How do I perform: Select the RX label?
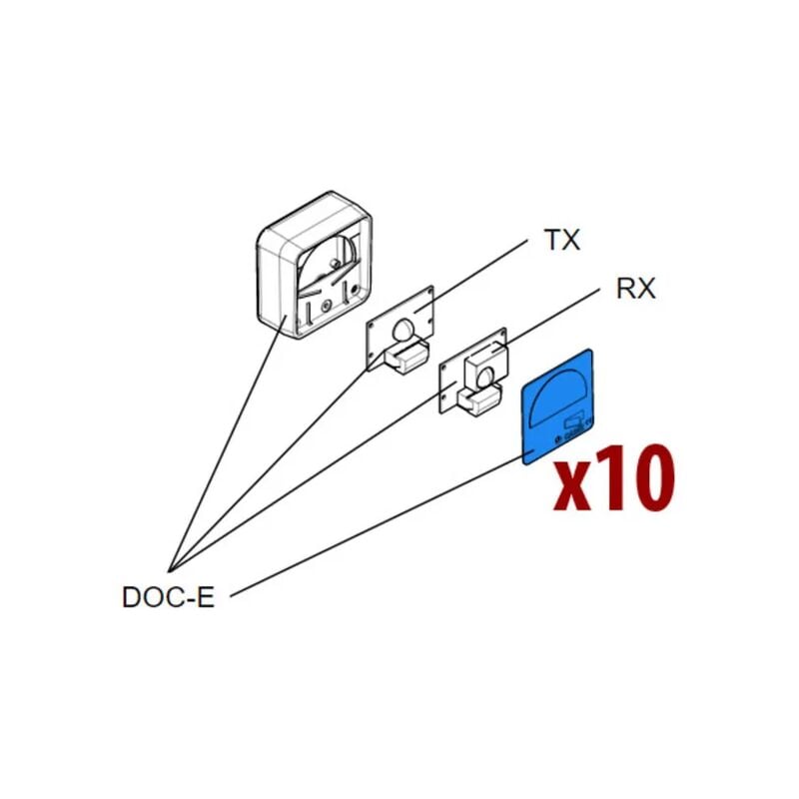[634, 290]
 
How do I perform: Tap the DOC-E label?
[168, 597]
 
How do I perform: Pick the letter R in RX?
[624, 290]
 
